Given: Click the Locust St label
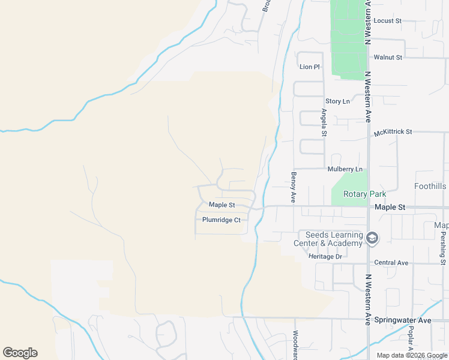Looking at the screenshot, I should click(387, 20).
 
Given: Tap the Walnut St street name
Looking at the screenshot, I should click(387, 57).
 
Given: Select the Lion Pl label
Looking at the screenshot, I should click(309, 67).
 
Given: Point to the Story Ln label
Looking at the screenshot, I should click(337, 101).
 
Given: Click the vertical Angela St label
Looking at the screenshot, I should click(324, 122).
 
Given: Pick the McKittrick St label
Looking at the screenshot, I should click(393, 131).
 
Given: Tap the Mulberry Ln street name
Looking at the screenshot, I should click(345, 170).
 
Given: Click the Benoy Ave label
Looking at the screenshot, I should click(294, 187).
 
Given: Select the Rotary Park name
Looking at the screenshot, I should click(364, 194).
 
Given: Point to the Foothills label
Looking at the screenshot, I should click(430, 187).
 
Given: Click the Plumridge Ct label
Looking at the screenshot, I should click(221, 220).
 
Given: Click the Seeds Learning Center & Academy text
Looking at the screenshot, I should click(334, 239).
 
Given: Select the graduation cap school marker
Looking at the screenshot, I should click(372, 239).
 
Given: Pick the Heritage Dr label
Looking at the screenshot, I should click(325, 257).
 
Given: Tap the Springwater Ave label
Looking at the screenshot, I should click(402, 320).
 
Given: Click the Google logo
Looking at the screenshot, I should click(20, 353).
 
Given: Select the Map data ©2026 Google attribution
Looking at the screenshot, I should click(411, 355).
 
